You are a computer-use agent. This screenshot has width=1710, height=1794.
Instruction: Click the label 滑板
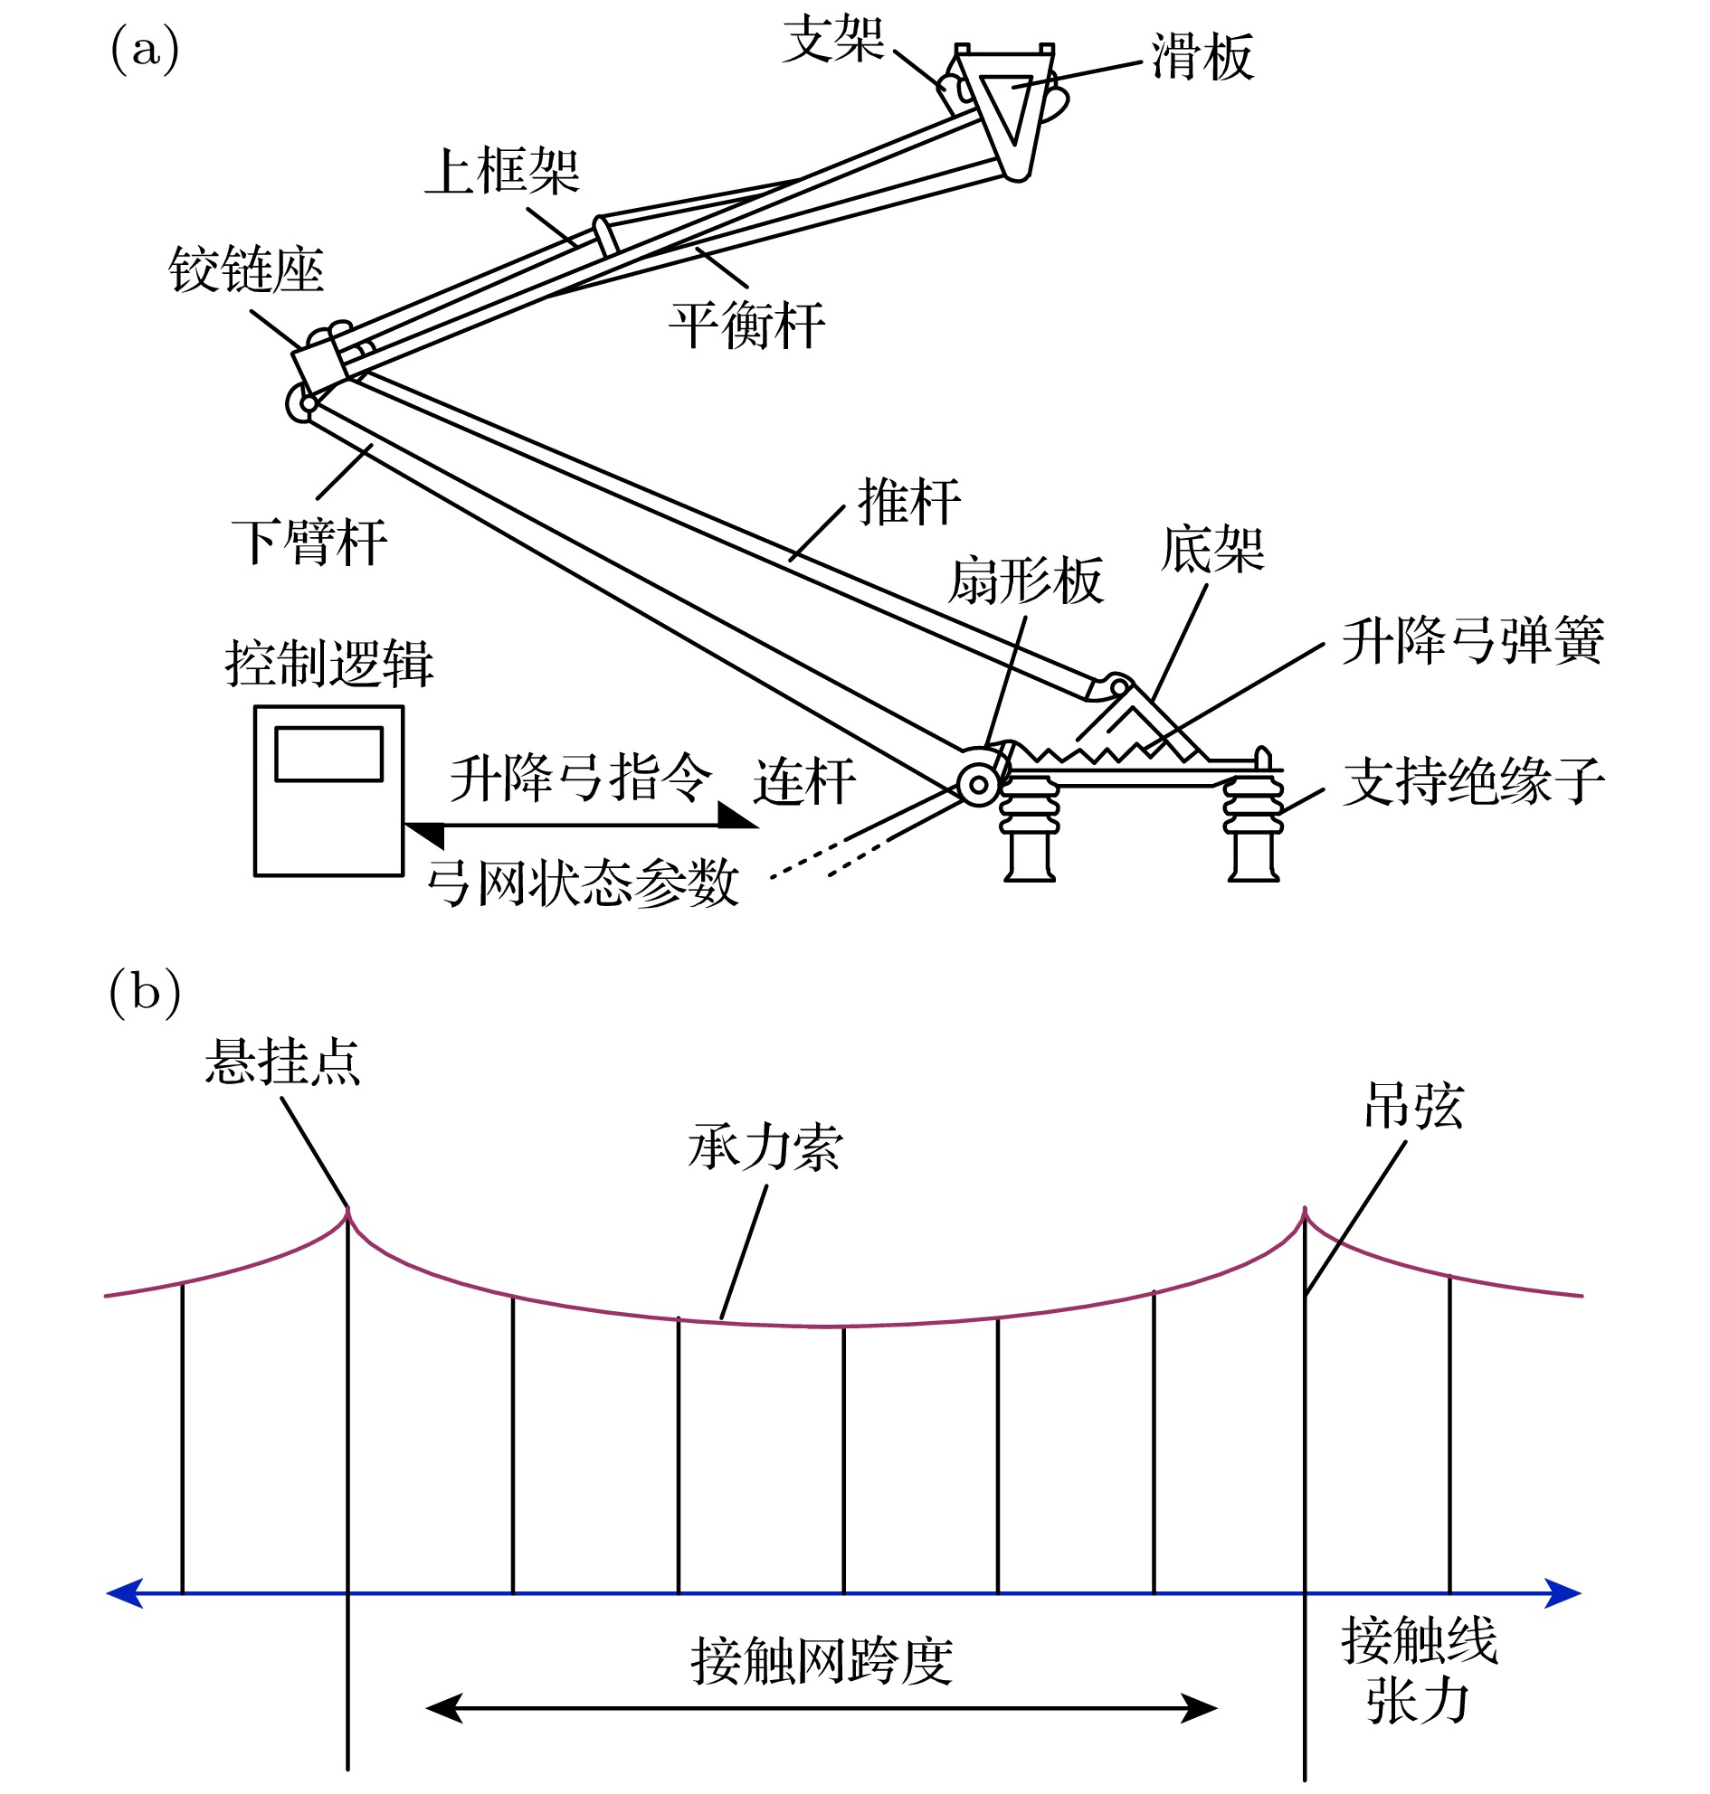coord(1202,57)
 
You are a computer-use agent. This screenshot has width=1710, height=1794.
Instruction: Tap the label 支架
coord(833,40)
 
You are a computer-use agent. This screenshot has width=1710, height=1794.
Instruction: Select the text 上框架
coord(502,171)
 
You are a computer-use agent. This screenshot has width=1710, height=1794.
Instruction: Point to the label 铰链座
coord(246,270)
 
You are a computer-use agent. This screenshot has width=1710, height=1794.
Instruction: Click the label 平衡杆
coord(746,326)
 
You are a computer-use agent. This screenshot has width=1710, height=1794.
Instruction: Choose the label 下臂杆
coord(310,543)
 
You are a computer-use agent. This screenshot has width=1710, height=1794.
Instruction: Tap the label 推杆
coord(908,502)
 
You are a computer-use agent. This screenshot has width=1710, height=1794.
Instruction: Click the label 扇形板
coord(1025,581)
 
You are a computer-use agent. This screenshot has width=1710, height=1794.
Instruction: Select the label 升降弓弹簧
coord(1472,641)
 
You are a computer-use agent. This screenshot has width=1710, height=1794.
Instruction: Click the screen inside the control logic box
coord(328,754)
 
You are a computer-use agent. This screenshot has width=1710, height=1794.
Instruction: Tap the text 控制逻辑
coord(328,664)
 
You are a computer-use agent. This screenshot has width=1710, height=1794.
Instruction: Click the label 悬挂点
coord(282,1062)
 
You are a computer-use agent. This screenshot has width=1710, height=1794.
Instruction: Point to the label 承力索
coord(765,1147)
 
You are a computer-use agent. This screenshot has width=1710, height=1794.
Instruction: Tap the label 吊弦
coord(1413,1107)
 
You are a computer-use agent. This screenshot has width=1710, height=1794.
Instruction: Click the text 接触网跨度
coord(822,1661)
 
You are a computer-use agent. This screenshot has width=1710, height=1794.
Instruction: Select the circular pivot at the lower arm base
coord(979,784)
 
